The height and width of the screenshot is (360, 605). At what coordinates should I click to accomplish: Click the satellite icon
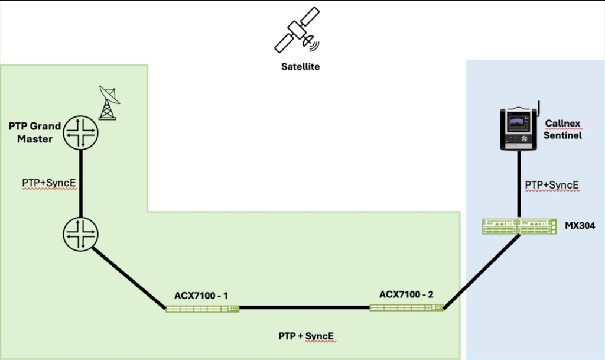click(x=297, y=31)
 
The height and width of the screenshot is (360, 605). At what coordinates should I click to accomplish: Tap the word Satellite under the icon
click(x=300, y=67)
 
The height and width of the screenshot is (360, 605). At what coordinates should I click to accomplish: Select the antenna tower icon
click(x=108, y=103)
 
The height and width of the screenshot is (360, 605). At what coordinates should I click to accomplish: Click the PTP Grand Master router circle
click(x=80, y=132)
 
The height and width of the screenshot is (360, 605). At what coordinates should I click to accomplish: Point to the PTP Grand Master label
click(x=35, y=132)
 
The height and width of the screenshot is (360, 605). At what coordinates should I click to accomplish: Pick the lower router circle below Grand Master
click(x=80, y=234)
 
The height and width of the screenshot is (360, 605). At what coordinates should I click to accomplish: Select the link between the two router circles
click(x=80, y=183)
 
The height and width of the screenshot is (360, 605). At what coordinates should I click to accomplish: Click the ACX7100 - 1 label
click(x=201, y=295)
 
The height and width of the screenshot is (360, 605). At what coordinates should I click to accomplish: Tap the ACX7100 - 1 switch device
click(x=202, y=309)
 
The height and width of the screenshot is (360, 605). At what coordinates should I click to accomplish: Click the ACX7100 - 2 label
click(x=406, y=294)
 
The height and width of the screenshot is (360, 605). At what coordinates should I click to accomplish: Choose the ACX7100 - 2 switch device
click(x=406, y=307)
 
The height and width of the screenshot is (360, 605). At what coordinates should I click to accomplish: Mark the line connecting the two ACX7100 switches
click(x=304, y=308)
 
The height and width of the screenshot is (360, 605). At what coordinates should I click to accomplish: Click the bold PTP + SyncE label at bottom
click(x=306, y=336)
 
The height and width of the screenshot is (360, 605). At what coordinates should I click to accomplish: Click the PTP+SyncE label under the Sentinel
click(x=552, y=186)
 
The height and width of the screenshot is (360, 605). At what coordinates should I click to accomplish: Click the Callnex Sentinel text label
click(x=562, y=129)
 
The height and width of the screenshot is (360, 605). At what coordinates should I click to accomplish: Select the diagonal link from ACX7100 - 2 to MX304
click(x=482, y=271)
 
